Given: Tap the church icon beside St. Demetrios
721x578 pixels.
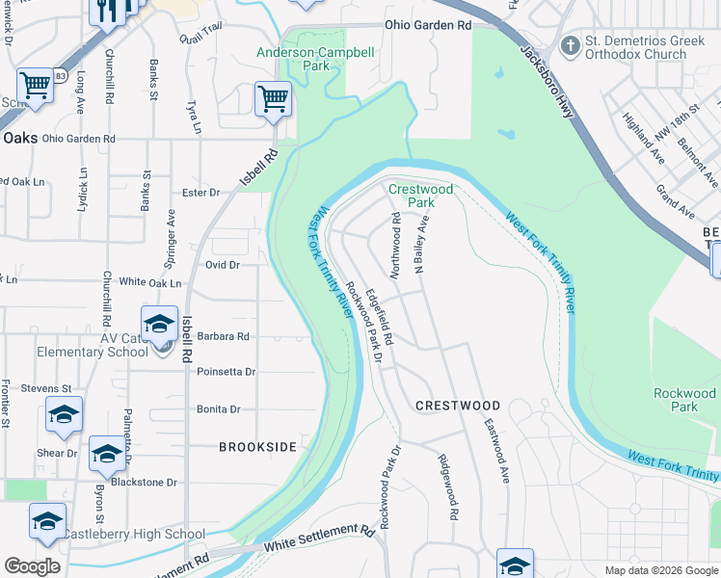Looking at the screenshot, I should point(571,45).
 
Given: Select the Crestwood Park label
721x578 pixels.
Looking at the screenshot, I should point(420,197).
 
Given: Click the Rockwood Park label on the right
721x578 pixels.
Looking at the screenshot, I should point(684,400).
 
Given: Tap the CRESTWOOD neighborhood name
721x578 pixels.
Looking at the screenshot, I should point(458,406).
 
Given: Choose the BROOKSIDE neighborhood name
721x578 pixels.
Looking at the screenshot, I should point(257,447).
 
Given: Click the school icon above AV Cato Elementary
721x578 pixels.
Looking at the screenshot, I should point(160,323).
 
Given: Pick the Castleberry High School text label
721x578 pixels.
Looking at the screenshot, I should point(134,534).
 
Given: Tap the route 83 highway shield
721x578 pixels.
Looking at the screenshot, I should point(60,76).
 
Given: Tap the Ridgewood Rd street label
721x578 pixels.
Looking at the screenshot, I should point(447,487).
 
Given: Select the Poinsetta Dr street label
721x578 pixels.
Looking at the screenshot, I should point(226,371).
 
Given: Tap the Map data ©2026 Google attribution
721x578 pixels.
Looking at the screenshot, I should point(660,570).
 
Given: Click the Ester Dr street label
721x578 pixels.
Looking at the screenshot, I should point(201,193).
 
